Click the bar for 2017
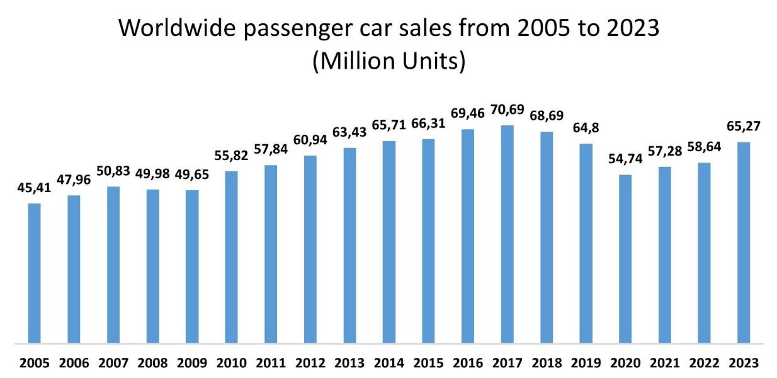[507, 234]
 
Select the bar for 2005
[35, 273]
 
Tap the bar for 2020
[625, 259]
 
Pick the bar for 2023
[743, 243]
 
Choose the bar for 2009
[192, 266]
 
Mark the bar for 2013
[349, 246]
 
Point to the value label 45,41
[35, 188]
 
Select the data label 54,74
[625, 159]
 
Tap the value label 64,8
[586, 129]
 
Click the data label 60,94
[310, 140]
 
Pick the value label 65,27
[743, 127]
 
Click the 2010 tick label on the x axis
[232, 363]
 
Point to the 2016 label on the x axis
[468, 363]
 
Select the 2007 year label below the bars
[113, 363]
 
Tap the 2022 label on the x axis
[704, 363]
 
